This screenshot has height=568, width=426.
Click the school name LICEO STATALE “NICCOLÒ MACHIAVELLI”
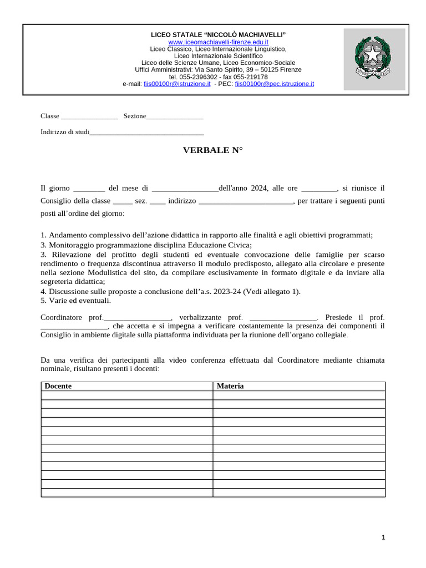218,35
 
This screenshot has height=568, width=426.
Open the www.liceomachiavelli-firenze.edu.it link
218,42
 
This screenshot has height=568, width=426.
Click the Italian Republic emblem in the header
374,59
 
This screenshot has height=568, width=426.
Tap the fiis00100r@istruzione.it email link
176,84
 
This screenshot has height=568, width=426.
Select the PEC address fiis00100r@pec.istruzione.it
274,84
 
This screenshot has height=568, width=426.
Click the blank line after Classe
89,117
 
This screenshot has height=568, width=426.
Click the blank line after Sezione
175,117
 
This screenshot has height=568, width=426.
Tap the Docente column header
58,386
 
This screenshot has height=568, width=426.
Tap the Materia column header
230,386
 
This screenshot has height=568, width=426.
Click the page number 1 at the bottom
383,537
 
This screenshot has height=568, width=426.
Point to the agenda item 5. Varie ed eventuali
76,301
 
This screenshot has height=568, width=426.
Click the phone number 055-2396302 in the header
198,77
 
